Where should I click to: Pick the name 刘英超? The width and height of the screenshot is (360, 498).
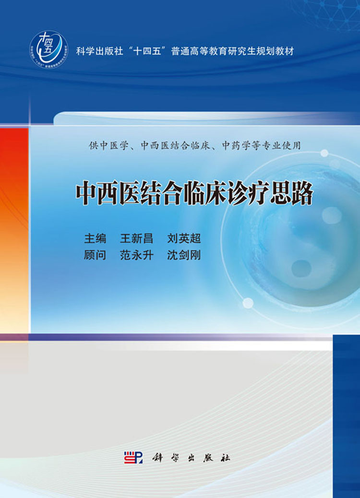(184, 238)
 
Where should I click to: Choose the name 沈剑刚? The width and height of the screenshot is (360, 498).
(184, 255)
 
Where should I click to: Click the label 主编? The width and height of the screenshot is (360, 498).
(95, 238)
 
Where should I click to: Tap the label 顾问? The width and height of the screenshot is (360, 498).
(95, 255)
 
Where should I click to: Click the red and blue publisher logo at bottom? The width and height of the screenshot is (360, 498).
(133, 457)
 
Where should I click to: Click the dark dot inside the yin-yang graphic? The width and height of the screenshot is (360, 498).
(301, 268)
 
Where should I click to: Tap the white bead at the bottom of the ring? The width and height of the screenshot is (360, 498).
(248, 303)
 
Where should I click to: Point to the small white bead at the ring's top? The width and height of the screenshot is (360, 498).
(324, 153)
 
